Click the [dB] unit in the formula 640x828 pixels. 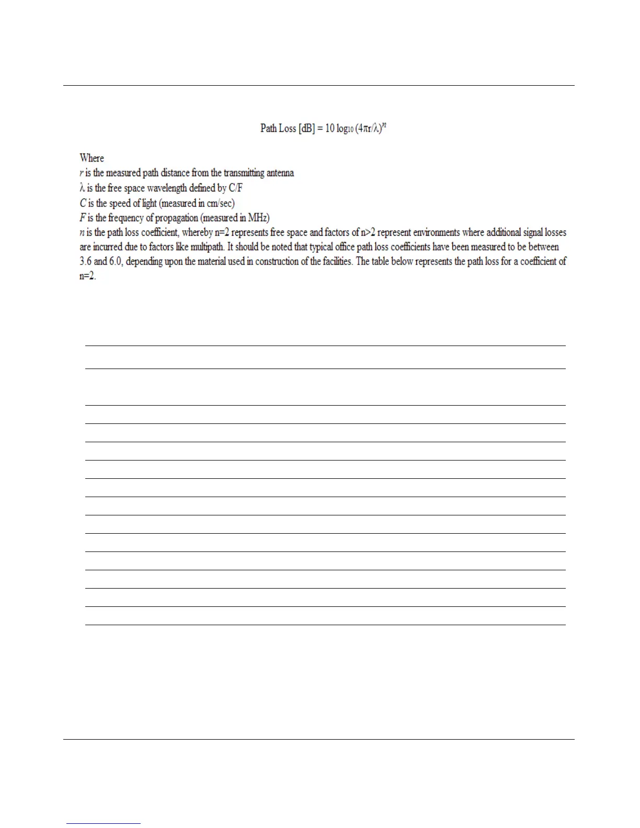(305, 129)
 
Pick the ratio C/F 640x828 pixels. (236, 188)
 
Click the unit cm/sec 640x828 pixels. (220, 203)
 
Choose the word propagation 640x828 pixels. (176, 217)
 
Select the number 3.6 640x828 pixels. (85, 261)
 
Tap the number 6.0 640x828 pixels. (116, 261)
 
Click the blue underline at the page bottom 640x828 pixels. (104, 823)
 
